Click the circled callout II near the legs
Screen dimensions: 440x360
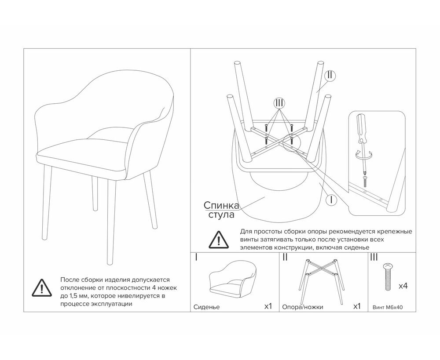330,76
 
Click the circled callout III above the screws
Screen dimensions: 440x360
279,103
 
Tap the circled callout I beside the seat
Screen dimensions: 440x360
331,200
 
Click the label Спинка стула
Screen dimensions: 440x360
221,210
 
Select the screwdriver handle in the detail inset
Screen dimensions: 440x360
361,127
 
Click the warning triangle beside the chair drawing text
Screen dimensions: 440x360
42,287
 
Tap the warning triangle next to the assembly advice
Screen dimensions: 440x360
219,240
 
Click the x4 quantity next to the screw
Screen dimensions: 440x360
403,286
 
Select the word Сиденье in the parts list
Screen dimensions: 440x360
206,307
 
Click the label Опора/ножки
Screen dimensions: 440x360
303,307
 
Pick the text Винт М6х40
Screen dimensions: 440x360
388,307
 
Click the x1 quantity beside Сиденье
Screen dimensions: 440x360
268,306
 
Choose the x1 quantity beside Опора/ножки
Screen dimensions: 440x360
357,306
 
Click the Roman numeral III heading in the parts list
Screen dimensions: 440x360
374,258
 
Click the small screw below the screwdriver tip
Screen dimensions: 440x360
365,182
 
